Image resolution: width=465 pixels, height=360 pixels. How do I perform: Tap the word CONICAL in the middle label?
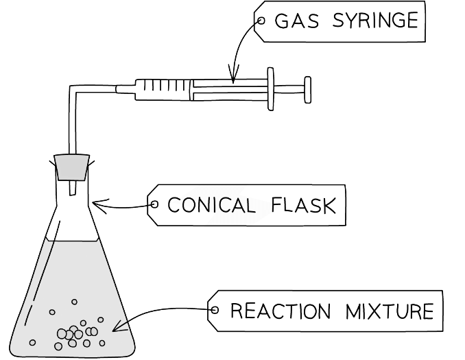point(207,205)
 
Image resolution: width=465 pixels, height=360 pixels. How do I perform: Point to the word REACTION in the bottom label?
point(275,311)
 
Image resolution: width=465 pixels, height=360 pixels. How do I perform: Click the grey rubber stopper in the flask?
point(72,167)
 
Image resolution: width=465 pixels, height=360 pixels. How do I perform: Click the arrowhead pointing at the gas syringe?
point(233,79)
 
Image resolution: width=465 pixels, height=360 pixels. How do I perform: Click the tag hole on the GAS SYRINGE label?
point(261,21)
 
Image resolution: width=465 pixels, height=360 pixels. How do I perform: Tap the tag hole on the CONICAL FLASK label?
point(154,204)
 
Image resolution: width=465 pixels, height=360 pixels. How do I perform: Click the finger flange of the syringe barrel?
point(271,88)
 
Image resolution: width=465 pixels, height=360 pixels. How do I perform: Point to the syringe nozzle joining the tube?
point(125,88)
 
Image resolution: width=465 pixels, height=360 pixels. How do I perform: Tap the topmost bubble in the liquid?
point(74,302)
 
